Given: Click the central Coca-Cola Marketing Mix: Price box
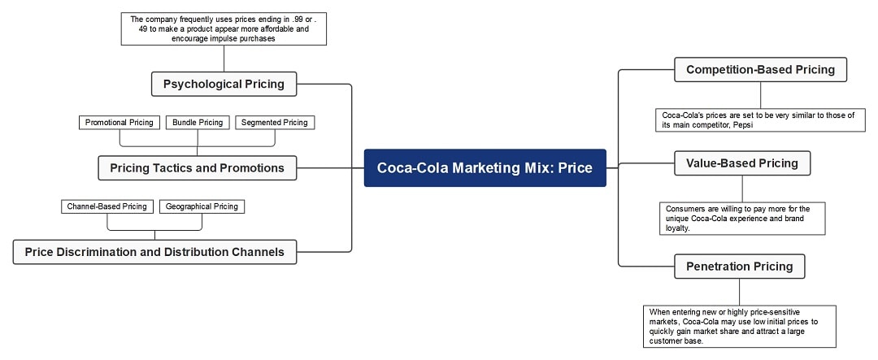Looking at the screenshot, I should (485, 168).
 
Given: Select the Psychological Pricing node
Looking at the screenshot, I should (224, 84).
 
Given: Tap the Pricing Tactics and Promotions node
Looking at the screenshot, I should (197, 168).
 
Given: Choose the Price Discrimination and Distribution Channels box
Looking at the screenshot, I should (154, 252).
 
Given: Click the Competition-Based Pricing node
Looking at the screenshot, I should (760, 70).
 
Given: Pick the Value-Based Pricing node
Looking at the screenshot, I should (742, 163).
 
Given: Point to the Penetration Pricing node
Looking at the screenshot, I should (739, 267).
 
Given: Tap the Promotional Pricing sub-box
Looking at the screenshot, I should (120, 123).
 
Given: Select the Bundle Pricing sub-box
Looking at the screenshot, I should (198, 123).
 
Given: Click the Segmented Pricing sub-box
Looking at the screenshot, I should (275, 123).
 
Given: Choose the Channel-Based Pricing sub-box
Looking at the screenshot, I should (107, 206).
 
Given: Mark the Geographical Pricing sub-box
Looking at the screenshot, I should (202, 206).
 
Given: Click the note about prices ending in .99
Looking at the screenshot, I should (224, 28).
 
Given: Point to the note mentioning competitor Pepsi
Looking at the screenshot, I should (760, 120).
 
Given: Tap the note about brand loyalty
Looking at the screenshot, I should (742, 219).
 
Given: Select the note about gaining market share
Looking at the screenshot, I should (739, 326).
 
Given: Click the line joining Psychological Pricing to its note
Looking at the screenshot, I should (224, 59).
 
